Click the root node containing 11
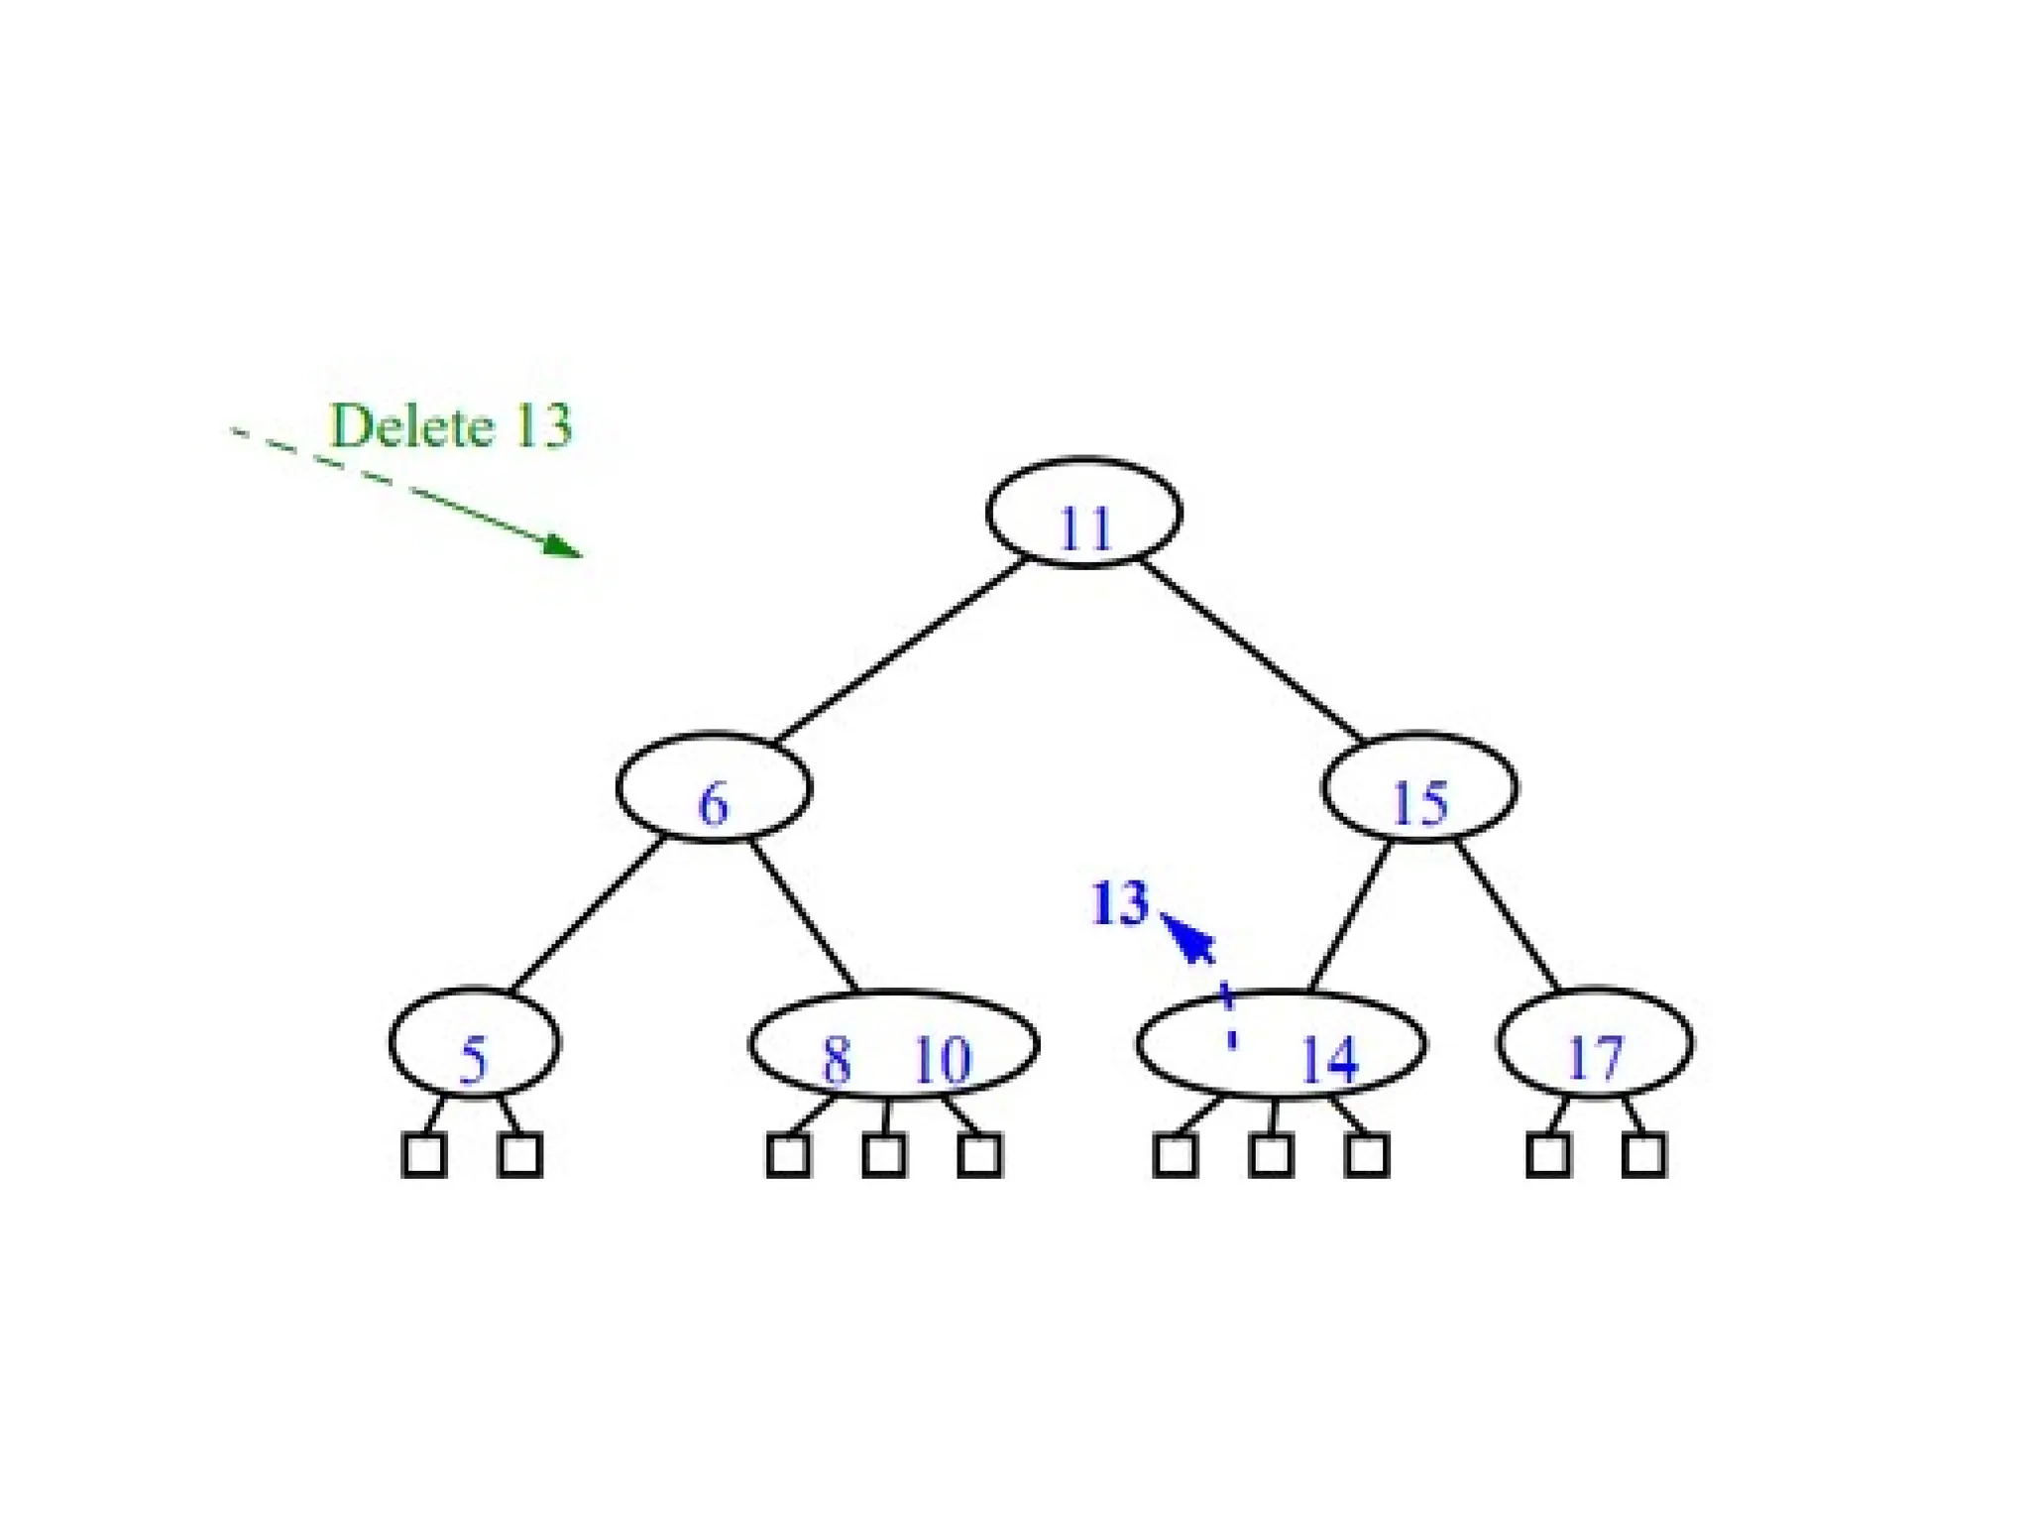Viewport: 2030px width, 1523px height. [1083, 513]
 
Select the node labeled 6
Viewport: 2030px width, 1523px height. [714, 788]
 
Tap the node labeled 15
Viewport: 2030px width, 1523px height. [1419, 788]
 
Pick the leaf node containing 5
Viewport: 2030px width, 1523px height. [475, 1044]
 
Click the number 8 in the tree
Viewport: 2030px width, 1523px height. [837, 1060]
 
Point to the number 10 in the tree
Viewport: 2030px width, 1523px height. [942, 1060]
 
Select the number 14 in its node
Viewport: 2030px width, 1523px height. [1327, 1060]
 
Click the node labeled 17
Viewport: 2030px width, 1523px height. [1595, 1044]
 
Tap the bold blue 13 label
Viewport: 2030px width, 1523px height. [1119, 903]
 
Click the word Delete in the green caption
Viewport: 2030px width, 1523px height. [411, 426]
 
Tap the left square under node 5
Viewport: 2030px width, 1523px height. [424, 1155]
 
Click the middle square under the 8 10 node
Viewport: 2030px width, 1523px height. [883, 1155]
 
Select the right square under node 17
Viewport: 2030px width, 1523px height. [1643, 1155]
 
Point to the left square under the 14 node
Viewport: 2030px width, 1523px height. [1176, 1155]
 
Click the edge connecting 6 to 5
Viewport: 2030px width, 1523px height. [587, 915]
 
